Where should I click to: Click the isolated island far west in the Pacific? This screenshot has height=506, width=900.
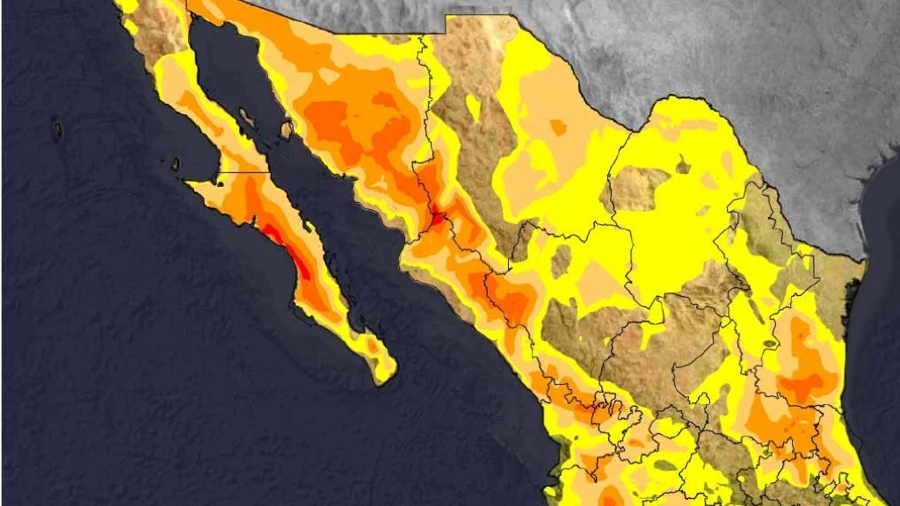58,130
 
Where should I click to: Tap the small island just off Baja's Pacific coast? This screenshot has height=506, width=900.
175,163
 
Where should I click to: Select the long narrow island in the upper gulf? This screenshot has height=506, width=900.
247,117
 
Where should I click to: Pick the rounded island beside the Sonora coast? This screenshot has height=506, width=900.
286,130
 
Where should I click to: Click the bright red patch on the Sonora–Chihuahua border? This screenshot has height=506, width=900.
437,213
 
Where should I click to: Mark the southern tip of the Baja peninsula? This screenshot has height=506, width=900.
383,378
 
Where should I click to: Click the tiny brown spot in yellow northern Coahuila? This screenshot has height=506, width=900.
682,164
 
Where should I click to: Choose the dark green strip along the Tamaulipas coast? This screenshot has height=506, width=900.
850,303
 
